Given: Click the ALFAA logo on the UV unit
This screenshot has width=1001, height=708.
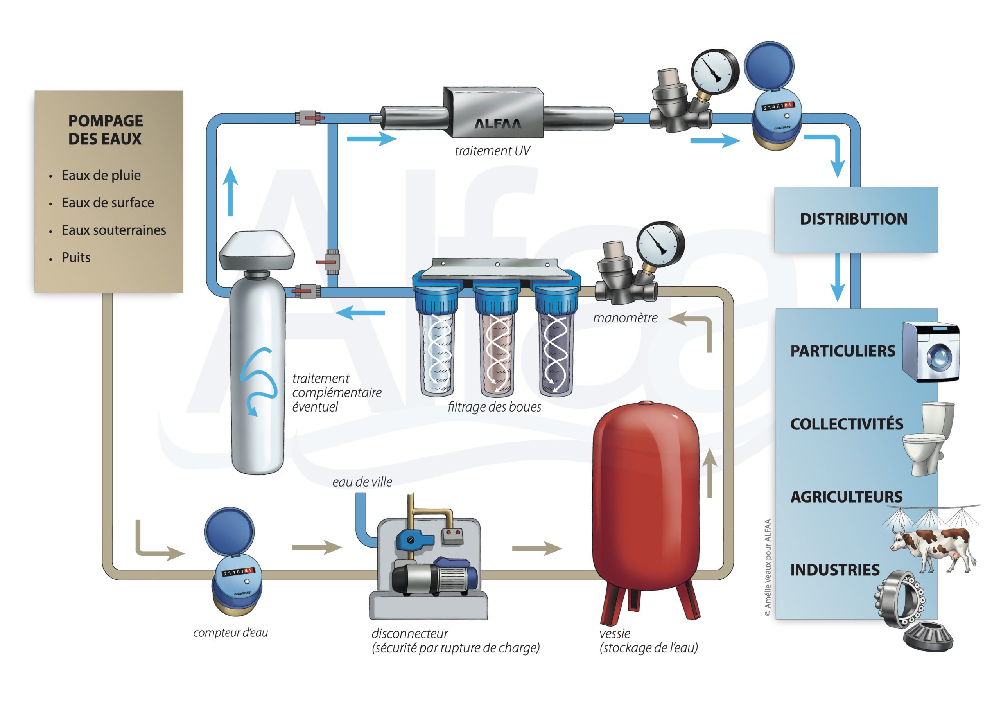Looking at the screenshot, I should coord(497,124).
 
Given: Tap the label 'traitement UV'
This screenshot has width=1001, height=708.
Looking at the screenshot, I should coord(492,151).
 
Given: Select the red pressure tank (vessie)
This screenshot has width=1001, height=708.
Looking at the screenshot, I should coord(646,497).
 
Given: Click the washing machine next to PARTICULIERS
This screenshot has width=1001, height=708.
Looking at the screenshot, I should coord(931,352).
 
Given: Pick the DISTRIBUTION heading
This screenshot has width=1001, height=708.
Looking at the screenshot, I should coord(853,219).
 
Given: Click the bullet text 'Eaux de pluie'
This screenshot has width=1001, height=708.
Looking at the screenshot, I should coord(101,175).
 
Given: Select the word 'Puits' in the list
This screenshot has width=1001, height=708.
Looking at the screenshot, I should coord(76,257).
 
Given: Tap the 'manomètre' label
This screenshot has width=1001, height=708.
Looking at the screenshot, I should coord(625,318).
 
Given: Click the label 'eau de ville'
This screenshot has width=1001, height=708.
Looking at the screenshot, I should coord(362,482).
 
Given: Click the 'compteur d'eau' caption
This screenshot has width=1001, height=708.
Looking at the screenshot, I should coord(230,633).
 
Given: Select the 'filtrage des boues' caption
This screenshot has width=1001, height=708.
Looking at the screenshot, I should coord(494,407).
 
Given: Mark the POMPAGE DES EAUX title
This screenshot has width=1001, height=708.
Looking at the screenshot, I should coord(106,129).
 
